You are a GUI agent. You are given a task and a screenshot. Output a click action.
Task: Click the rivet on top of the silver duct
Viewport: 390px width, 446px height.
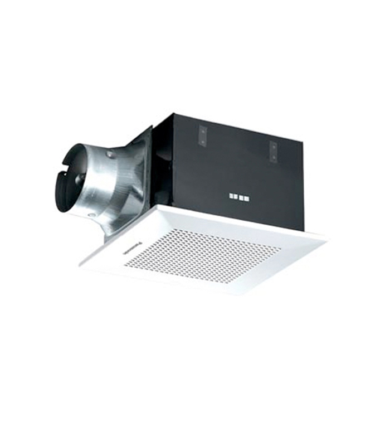tap(109, 154)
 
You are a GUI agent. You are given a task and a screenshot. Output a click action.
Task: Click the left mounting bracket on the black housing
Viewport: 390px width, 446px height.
tap(203, 135)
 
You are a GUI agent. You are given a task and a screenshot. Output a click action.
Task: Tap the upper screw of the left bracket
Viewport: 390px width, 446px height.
tap(203, 131)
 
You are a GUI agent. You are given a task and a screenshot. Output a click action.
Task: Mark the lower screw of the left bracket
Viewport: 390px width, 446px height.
tap(203, 142)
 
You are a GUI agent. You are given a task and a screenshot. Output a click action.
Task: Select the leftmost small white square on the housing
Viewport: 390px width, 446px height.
tap(231, 196)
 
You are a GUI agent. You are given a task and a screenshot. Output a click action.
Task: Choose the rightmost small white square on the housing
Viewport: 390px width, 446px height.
tap(246, 198)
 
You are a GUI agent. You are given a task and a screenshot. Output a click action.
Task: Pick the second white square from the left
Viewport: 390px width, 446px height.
tap(238, 197)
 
